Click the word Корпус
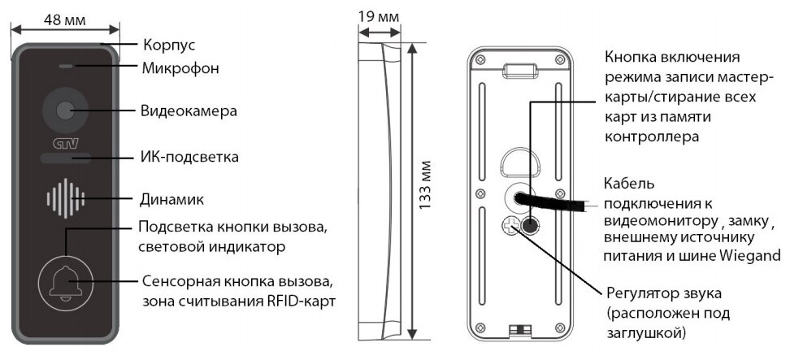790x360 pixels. coord(169,45)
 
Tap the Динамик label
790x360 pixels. coord(171,199)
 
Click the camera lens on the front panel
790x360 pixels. coord(64,109)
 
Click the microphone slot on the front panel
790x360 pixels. coord(64,67)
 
